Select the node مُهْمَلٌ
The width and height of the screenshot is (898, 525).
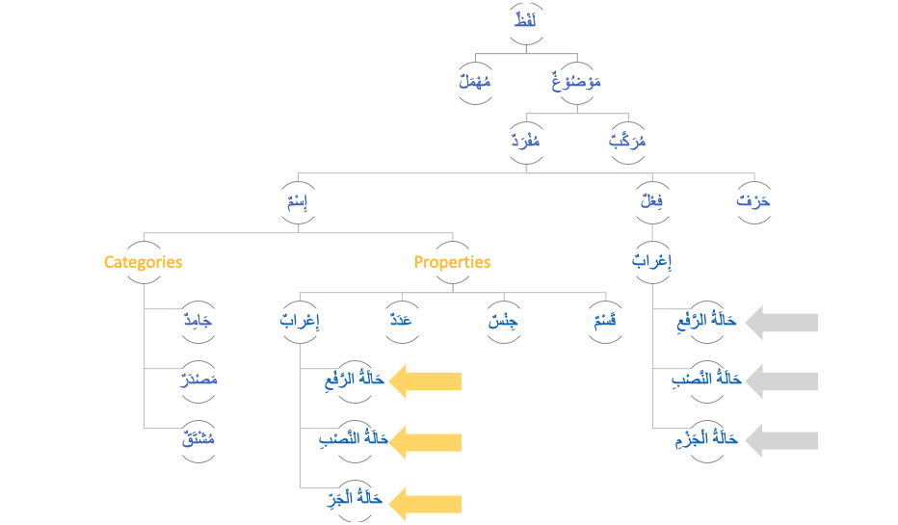[x=474, y=83]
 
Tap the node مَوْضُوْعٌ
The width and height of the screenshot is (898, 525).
[x=575, y=83]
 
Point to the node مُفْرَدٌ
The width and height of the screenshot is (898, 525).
[x=526, y=144]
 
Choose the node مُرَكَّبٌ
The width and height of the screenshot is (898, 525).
[x=627, y=144]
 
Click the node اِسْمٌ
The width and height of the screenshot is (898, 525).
[x=298, y=204]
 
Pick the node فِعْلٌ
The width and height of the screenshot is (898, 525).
[x=652, y=204]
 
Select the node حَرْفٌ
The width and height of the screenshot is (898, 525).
[x=753, y=204]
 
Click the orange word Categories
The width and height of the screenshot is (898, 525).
[x=143, y=262]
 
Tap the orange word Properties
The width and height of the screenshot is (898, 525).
[x=452, y=262]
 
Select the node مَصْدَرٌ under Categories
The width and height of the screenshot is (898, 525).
[x=198, y=381]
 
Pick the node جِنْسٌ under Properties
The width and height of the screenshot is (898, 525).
[x=503, y=322]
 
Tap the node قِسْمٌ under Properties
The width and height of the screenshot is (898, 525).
[x=605, y=322]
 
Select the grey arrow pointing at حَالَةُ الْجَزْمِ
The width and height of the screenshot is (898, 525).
[x=782, y=440]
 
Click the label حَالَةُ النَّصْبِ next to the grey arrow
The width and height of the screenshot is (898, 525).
[x=706, y=381]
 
